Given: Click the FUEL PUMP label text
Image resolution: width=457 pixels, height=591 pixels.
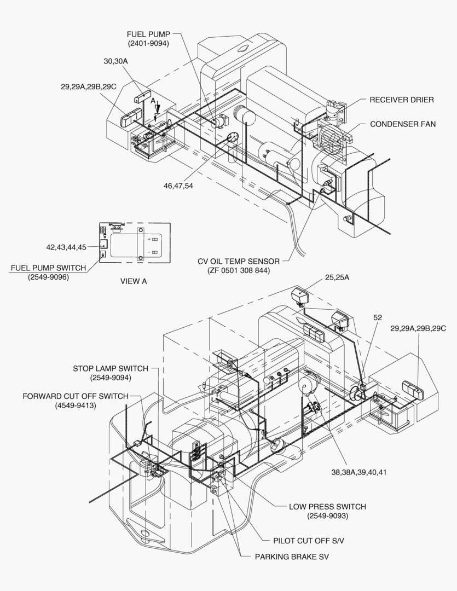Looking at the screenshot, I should coord(149,34).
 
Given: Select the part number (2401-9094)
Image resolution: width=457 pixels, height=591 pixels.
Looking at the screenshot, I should coord(149,43).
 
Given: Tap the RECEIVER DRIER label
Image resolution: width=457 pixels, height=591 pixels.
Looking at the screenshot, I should coord(401,100).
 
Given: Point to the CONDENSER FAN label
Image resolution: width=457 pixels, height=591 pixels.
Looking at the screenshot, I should coord(403,124).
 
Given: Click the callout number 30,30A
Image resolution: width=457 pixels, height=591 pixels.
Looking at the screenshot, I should coord(115,61).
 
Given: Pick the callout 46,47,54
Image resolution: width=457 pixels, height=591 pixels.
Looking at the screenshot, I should coord(178,186).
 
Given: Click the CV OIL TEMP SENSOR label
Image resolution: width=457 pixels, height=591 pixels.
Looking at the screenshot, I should coord(239,261).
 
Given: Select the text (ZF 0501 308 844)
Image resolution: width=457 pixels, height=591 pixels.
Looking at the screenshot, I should coord(239,270).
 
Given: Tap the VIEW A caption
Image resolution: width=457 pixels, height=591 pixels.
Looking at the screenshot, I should coord(134,281).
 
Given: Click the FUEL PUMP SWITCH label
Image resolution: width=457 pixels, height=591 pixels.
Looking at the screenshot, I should coord(48,268).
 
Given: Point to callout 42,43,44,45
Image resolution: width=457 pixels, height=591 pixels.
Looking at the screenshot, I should coord(66,247).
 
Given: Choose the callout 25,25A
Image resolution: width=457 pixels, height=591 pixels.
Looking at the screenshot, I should coord(337,278).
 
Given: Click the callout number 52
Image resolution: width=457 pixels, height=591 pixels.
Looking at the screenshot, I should coord(378,317).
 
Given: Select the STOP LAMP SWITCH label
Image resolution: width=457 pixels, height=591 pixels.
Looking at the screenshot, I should coord(111,368).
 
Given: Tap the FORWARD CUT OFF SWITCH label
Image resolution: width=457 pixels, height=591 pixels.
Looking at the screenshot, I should coord(76,396).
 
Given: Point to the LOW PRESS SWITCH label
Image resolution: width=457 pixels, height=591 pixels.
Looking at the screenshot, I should coord(327,507).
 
